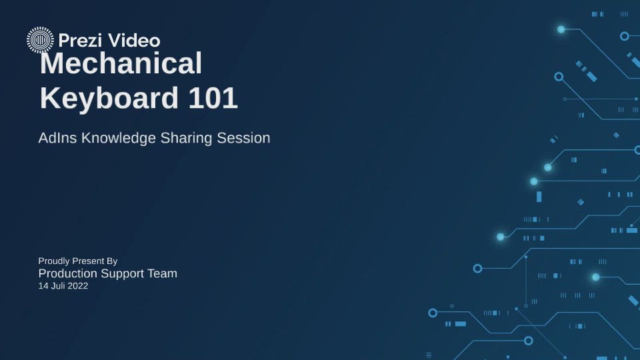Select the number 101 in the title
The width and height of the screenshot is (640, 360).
coord(213,99)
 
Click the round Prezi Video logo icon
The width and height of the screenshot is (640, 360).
coord(40,40)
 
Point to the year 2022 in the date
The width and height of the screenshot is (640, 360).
coord(77,286)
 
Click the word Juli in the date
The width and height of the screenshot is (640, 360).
coord(57,286)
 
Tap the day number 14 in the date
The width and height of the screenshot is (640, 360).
coord(43,286)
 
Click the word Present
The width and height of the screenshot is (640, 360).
coord(87,261)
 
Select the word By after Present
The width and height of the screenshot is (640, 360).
coord(111,261)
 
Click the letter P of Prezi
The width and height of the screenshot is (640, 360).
coord(63,41)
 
